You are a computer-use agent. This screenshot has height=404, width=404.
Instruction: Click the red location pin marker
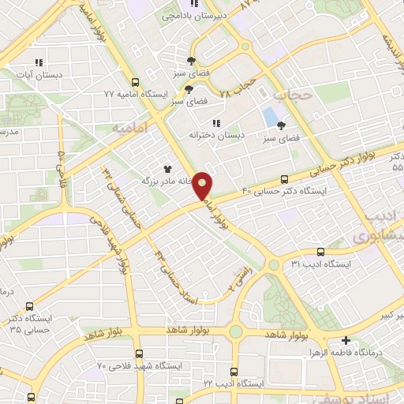(204, 185)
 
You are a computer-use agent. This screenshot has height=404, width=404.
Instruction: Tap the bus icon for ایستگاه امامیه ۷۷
(135, 81)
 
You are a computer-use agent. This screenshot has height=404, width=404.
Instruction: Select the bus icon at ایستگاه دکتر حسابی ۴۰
(285, 179)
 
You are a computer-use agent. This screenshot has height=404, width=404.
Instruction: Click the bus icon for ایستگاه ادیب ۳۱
(273, 264)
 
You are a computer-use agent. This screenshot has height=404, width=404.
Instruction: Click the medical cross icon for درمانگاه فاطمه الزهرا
(346, 342)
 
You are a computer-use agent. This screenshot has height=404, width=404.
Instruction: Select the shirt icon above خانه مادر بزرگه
(166, 168)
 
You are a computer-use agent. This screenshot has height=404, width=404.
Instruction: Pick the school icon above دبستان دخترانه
(216, 122)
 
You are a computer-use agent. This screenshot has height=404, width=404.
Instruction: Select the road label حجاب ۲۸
(238, 88)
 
